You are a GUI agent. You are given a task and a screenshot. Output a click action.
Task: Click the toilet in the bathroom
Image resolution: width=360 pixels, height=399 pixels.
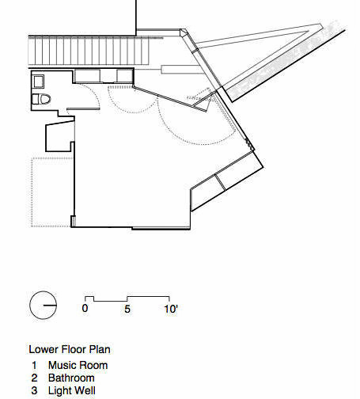tap(41, 99)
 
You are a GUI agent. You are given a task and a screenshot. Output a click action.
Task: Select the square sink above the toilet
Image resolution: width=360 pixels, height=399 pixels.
tap(38, 82)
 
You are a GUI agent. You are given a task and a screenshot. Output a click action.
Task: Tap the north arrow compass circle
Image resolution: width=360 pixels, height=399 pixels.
tap(44, 305)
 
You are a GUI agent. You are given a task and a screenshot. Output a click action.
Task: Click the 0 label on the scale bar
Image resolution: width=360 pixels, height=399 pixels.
tap(85, 308)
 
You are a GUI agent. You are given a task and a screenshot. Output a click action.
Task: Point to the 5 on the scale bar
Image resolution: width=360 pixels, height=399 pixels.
tap(127, 309)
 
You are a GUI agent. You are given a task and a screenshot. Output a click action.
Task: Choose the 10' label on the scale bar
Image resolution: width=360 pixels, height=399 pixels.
tap(171, 309)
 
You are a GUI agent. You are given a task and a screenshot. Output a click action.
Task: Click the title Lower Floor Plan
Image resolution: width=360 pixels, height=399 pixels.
tap(70, 349)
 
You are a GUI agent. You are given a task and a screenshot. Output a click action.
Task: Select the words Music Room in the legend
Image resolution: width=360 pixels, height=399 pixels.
tap(78, 366)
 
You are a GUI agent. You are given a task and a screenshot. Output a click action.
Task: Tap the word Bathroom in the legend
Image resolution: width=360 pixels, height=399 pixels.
tap(71, 378)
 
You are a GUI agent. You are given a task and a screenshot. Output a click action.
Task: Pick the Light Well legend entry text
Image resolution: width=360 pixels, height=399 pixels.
tap(72, 390)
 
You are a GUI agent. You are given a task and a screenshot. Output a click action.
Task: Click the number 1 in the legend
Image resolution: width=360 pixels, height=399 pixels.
tap(34, 366)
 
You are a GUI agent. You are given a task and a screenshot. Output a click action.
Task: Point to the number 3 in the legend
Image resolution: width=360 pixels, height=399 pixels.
tap(34, 391)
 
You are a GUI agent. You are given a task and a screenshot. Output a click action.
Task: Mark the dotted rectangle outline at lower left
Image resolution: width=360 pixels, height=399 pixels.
tap(32, 192)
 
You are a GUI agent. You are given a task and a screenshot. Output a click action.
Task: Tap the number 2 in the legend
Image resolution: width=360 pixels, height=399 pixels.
tap(34, 378)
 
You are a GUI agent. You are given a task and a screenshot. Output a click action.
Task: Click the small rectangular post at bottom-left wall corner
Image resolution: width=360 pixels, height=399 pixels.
tap(73, 221)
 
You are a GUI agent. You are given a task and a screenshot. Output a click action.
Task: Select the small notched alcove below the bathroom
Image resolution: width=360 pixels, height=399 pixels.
tap(59, 136)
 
